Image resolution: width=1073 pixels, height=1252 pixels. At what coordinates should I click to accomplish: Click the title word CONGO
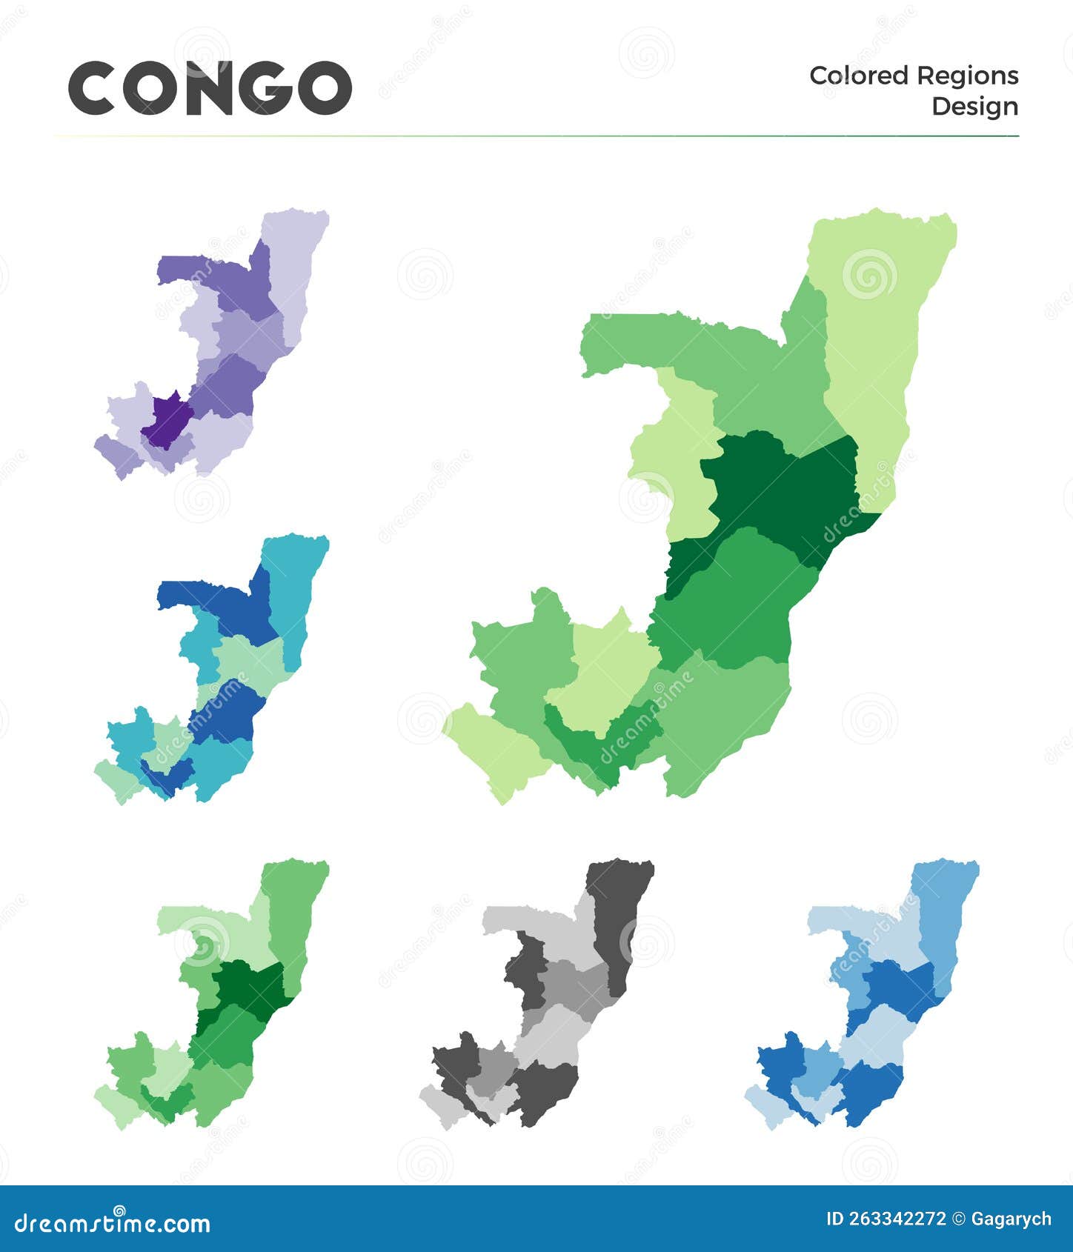pyautogui.click(x=210, y=88)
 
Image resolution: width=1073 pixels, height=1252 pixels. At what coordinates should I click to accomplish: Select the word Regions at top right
pyautogui.click(x=967, y=76)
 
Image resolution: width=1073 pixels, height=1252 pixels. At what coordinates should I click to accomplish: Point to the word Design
pyautogui.click(x=974, y=107)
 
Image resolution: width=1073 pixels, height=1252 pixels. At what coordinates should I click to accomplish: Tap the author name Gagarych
pyautogui.click(x=1011, y=1219)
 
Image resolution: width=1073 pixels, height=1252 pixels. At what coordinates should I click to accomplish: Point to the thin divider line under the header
pyautogui.click(x=536, y=136)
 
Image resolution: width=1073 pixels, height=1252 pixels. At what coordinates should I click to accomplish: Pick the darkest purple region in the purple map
pyautogui.click(x=167, y=419)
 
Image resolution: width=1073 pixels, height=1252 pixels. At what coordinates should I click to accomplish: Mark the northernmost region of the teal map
pyautogui.click(x=293, y=585)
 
